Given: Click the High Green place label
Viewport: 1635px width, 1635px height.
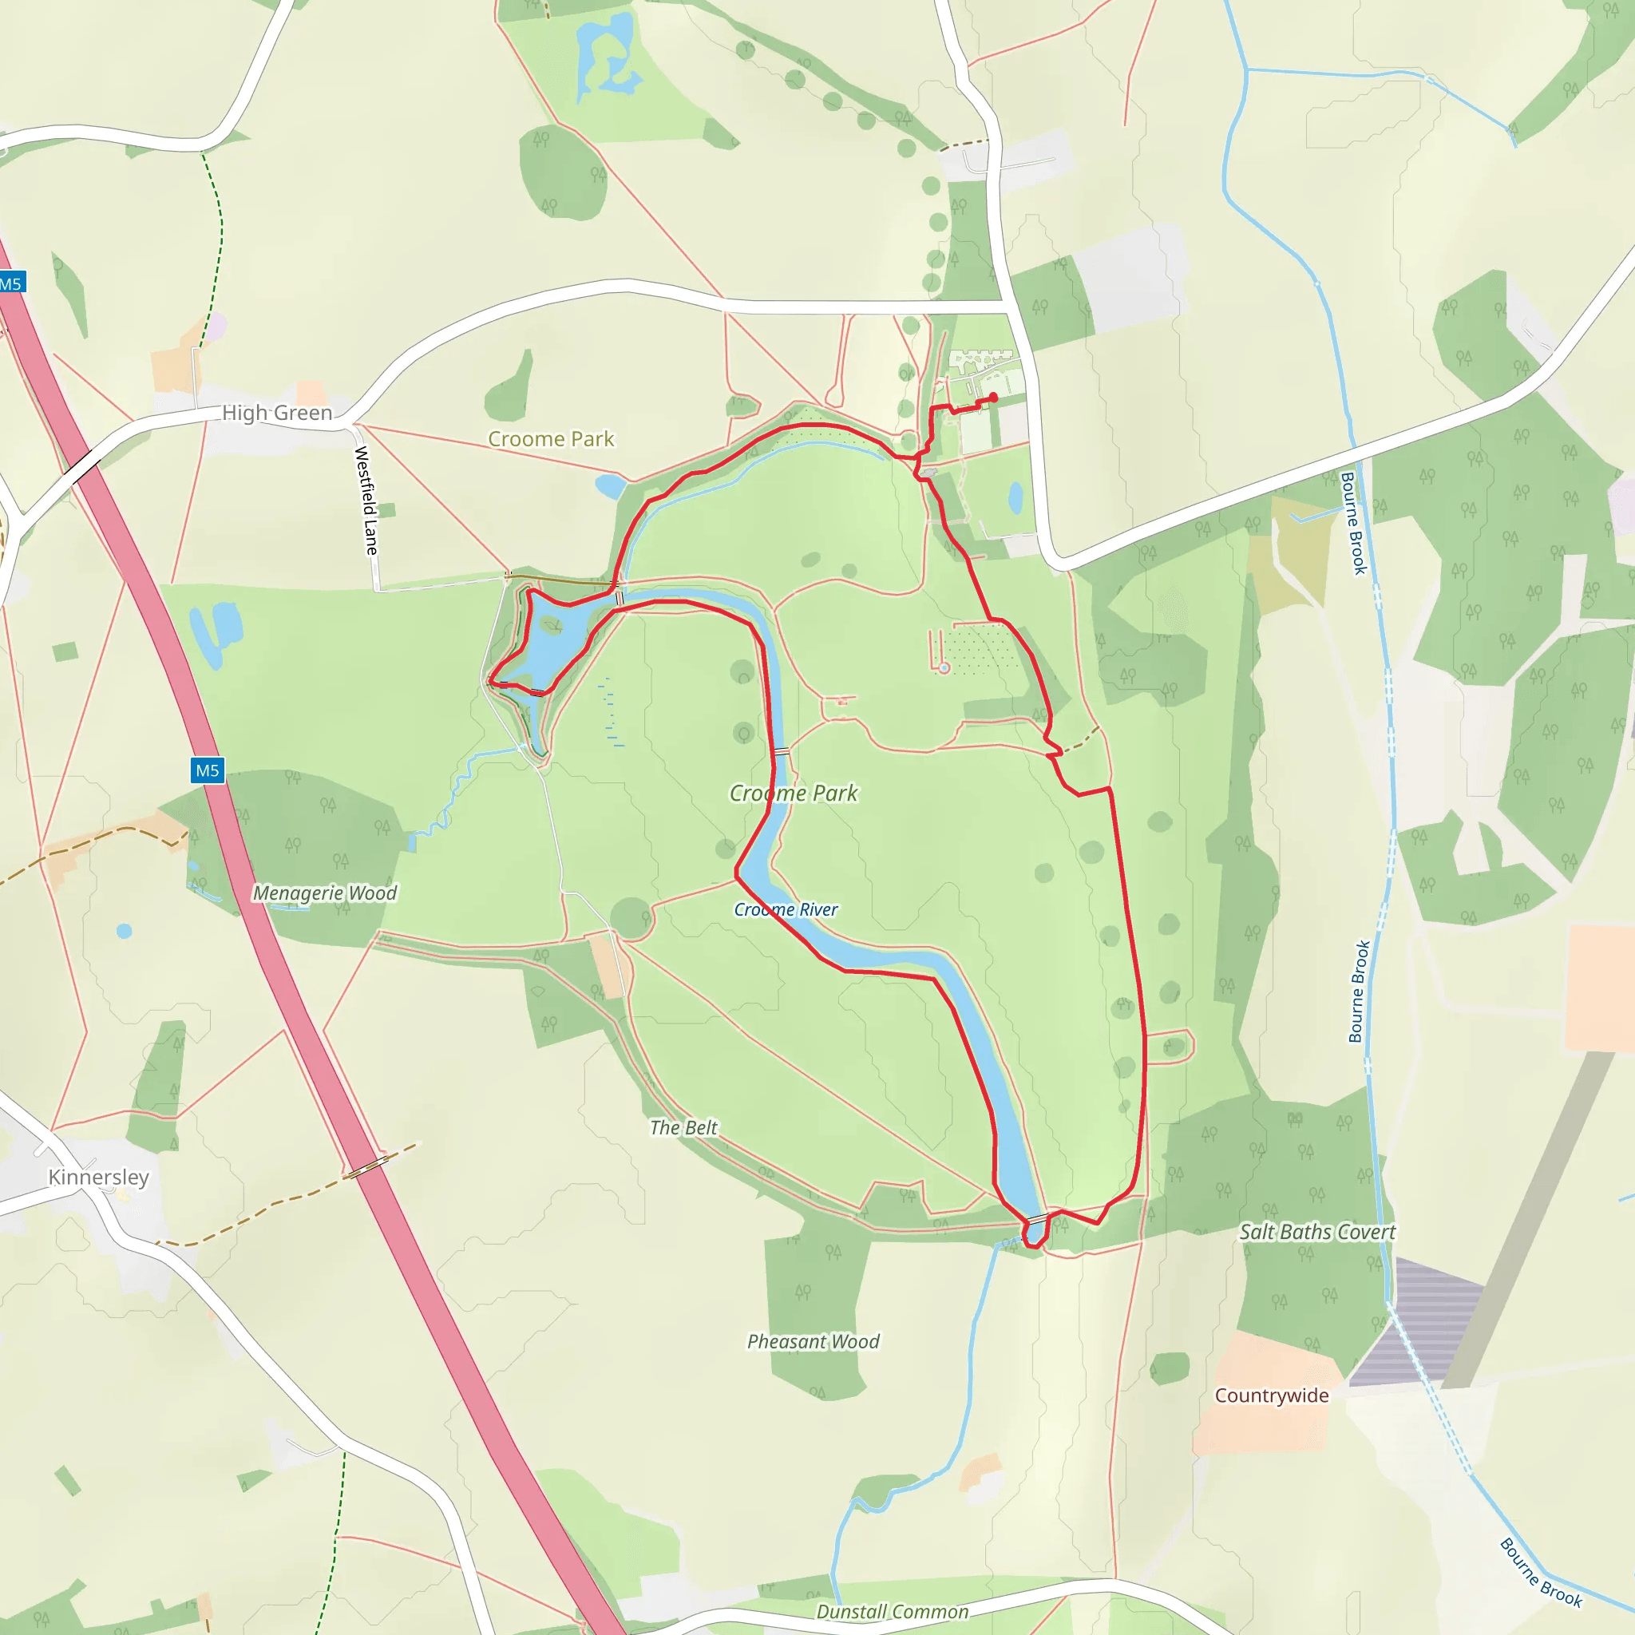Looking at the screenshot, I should click(277, 413).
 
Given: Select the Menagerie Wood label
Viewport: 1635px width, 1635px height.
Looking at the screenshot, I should click(324, 893).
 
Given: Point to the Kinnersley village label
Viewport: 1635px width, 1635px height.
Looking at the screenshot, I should click(98, 1178).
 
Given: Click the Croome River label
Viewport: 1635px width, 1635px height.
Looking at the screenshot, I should click(786, 910).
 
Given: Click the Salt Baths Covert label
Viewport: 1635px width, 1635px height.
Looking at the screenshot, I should click(1316, 1232).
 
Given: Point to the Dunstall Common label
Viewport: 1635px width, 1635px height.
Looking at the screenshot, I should click(892, 1612).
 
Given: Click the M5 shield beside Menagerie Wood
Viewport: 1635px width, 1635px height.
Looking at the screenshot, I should click(208, 770).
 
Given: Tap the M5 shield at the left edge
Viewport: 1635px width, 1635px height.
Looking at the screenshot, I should click(11, 283).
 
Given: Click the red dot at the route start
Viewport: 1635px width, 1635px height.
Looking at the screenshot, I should click(992, 397).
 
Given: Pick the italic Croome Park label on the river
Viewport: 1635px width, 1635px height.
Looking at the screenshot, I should click(793, 793).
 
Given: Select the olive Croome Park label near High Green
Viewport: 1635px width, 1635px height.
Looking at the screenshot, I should click(551, 439).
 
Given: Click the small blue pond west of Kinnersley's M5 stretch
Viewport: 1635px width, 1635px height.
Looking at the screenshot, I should click(125, 931).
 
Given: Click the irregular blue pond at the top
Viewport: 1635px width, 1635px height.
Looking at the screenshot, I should click(606, 59).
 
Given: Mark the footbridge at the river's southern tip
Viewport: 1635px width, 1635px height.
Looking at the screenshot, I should click(1037, 1218).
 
